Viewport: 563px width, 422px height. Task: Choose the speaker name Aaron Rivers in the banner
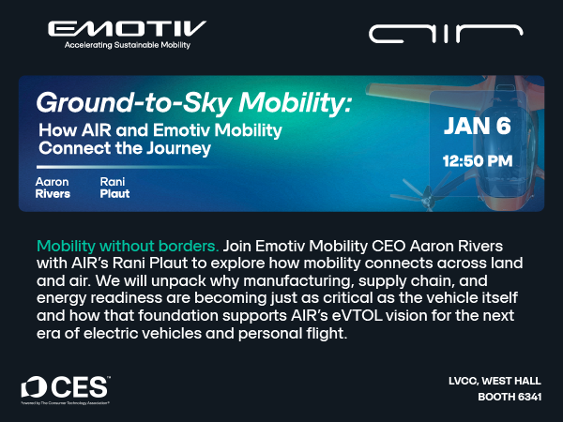coord(53,188)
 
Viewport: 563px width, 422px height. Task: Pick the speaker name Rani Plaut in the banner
coord(114,188)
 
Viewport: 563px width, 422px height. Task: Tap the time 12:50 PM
coord(477,161)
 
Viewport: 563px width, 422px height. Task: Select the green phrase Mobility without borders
coord(128,245)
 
